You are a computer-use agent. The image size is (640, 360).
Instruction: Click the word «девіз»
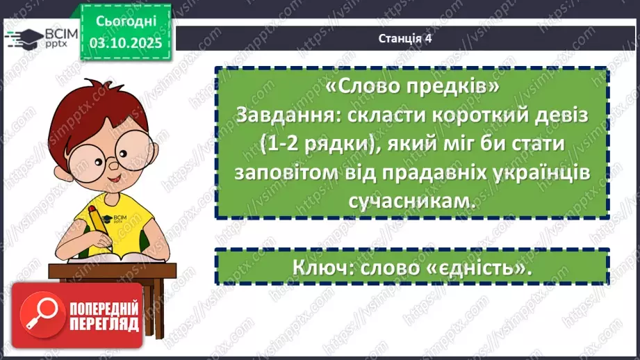coord(561,115)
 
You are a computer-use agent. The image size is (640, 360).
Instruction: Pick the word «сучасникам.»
coord(411,202)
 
